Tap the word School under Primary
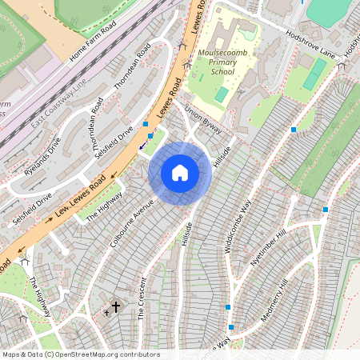[223, 71]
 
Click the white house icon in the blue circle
[180, 173]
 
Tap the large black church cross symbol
[115, 306]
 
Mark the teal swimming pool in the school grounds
[222, 94]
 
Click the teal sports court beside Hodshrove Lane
[314, 74]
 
